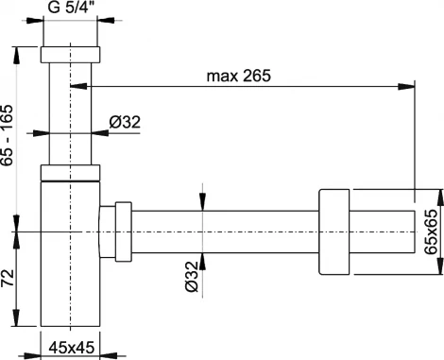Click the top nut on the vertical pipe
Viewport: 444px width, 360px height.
70,56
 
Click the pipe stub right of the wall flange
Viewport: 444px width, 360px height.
383,232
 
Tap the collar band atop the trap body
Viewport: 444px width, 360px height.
70,172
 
